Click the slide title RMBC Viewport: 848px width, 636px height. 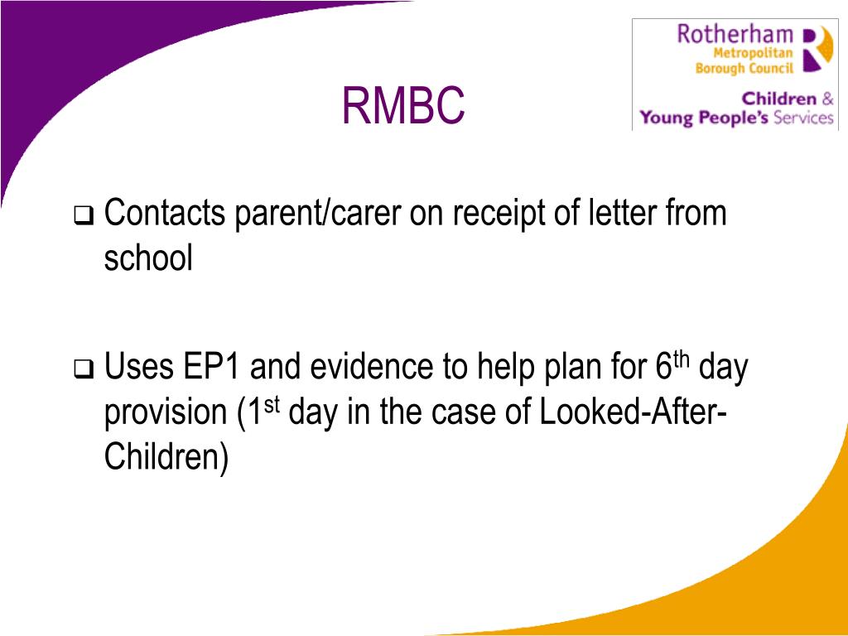pyautogui.click(x=403, y=106)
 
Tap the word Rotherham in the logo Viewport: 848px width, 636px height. pyautogui.click(x=735, y=35)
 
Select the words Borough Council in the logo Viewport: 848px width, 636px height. pyautogui.click(x=744, y=68)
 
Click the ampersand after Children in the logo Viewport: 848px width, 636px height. pyautogui.click(x=826, y=99)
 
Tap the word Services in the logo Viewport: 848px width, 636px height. pyautogui.click(x=802, y=118)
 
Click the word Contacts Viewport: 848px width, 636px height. pyautogui.click(x=166, y=214)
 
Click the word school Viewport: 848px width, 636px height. pyautogui.click(x=148, y=259)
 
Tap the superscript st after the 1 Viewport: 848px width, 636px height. pyautogui.click(x=275, y=403)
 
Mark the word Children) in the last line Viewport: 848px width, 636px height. pyautogui.click(x=166, y=457)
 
